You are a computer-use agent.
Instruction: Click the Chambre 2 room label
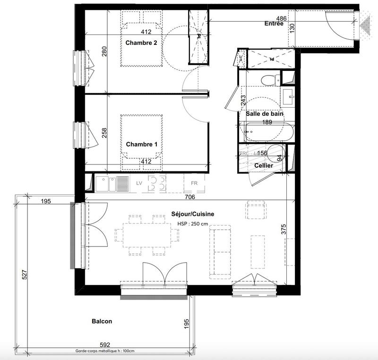(141, 43)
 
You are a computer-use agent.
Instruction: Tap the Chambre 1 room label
(141, 144)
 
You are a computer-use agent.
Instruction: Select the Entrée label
(274, 23)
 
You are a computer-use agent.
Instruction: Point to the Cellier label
(263, 165)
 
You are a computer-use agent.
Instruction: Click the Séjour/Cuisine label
(193, 214)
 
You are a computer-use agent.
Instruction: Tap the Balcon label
(102, 321)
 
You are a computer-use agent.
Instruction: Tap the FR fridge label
(194, 183)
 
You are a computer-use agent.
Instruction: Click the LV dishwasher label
(139, 183)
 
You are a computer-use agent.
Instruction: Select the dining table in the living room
(142, 234)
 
